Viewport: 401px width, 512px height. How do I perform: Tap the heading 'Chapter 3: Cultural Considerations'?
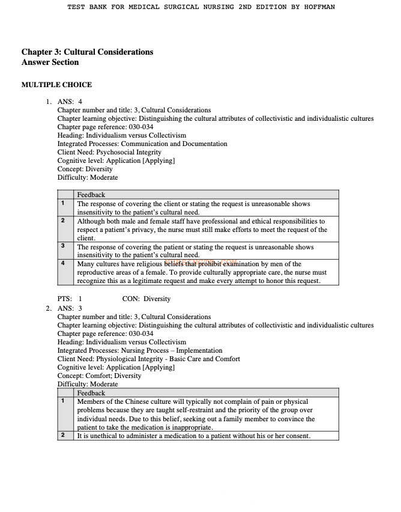pos(87,52)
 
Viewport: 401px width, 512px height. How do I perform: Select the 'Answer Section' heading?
pos(50,62)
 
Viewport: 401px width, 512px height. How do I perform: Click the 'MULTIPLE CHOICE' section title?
pos(56,85)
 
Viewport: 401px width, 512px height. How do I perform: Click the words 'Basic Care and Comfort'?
pos(206,359)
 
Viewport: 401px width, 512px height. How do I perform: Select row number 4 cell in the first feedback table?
pos(62,263)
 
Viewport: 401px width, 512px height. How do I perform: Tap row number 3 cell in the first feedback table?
pos(62,246)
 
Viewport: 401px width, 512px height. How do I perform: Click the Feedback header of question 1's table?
pos(91,195)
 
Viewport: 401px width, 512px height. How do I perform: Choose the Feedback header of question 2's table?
pos(91,393)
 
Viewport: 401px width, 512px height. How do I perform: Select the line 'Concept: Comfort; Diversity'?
pos(99,376)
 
